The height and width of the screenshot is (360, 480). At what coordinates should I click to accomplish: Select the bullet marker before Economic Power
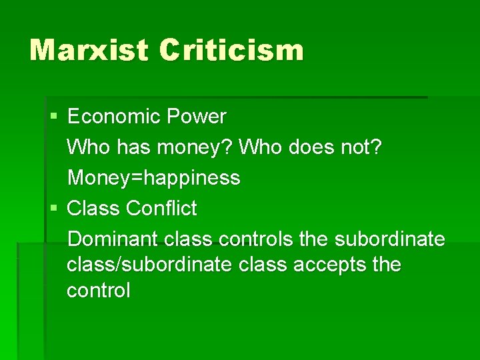tap(55, 117)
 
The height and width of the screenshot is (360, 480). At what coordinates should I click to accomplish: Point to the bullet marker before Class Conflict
tap(55, 209)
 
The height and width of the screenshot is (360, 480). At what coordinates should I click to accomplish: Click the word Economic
tap(113, 117)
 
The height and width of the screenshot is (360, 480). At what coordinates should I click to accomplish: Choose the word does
tap(313, 147)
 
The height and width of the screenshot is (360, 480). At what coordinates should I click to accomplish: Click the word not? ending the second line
tap(362, 147)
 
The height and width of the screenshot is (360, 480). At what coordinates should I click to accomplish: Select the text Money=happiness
tap(154, 178)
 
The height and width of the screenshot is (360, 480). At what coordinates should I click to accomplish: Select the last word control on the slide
tap(99, 291)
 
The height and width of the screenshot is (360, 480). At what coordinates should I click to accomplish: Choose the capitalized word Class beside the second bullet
tap(94, 209)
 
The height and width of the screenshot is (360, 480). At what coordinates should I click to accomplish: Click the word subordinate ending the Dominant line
tap(390, 239)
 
